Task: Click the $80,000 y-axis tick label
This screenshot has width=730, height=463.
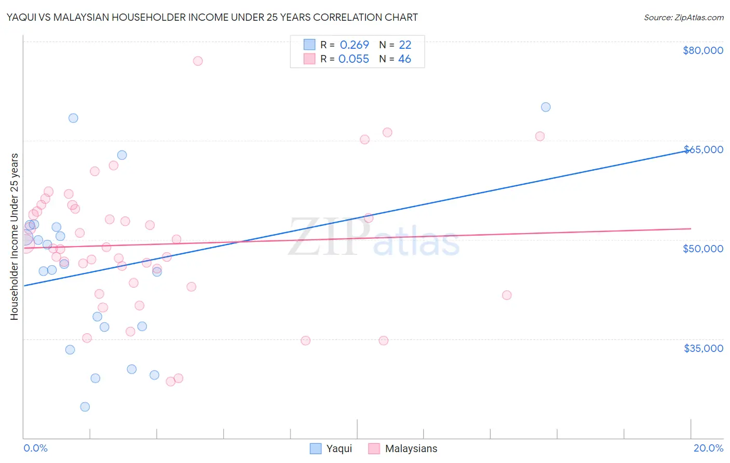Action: point(702,50)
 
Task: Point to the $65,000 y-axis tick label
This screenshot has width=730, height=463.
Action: point(703,149)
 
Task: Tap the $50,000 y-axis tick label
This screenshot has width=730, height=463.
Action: point(702,249)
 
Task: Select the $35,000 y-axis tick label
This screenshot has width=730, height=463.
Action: point(703,348)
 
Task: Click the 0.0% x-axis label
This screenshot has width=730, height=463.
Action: point(35,448)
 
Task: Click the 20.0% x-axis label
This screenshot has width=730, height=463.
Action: point(708,448)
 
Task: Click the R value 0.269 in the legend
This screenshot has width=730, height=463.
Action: point(354,45)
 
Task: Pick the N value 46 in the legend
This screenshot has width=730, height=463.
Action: point(404,59)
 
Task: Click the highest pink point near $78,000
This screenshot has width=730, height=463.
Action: point(197,61)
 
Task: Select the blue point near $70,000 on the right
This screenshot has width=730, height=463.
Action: point(546,107)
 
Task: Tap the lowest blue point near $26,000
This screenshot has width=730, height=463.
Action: point(85,406)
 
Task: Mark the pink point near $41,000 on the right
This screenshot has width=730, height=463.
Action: point(507,295)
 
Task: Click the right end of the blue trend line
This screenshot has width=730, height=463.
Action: point(690,150)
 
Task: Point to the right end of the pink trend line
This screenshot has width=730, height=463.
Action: point(691,228)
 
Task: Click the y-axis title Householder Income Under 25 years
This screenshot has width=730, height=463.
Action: point(14,236)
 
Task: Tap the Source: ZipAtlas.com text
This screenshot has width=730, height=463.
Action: point(683,18)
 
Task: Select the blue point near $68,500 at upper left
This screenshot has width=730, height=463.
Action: point(73,118)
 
